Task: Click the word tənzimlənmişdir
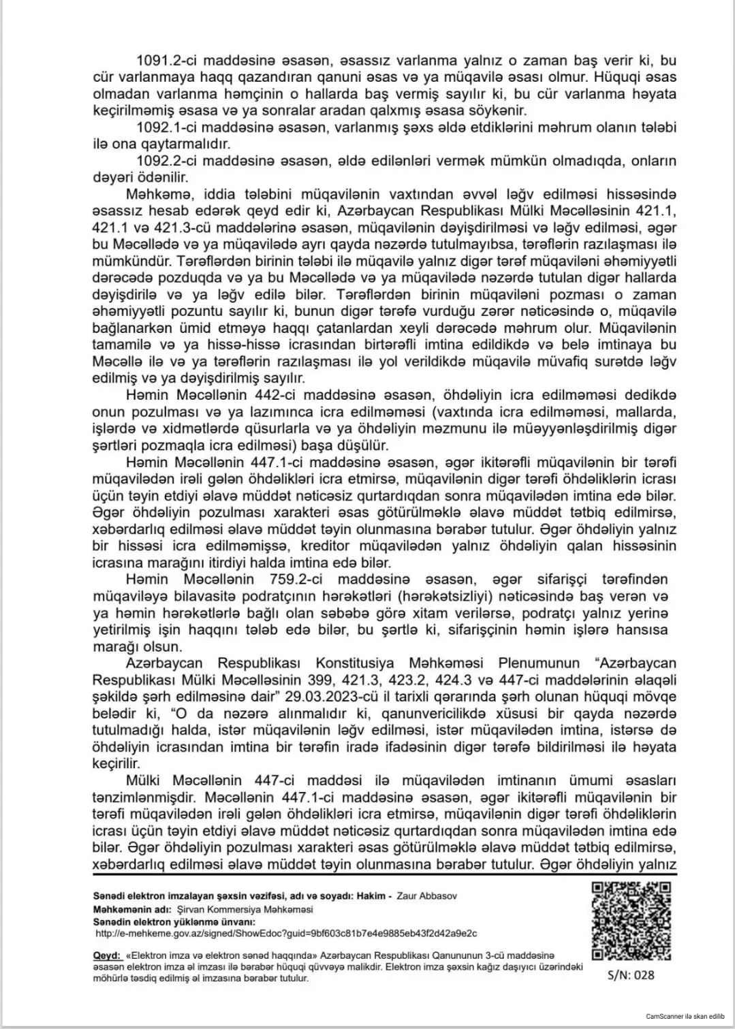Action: pos(139,797)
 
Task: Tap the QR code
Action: pos(631,921)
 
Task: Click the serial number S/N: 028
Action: pos(631,975)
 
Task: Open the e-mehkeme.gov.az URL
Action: pos(286,934)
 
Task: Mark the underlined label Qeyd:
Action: pos(107,955)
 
